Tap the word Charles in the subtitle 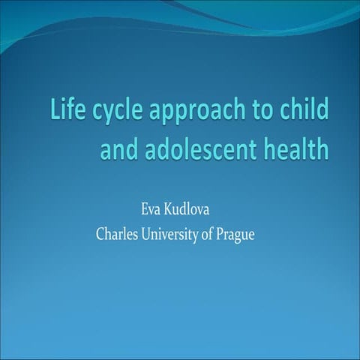[117, 233]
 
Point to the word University [177, 233]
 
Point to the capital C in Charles [100, 233]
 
